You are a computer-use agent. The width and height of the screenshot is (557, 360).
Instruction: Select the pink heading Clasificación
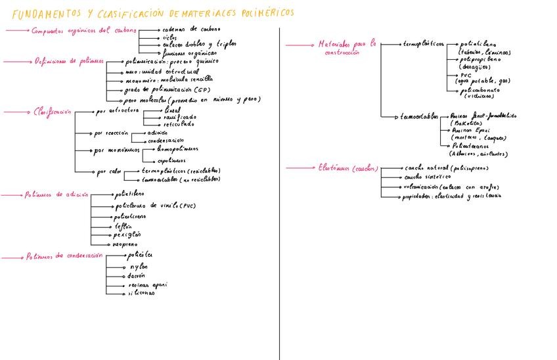point(52,112)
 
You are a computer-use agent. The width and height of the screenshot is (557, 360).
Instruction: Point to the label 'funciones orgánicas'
point(189,53)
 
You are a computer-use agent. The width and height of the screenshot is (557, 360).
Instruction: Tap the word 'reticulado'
point(179,123)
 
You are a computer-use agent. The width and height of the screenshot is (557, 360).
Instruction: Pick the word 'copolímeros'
point(171,161)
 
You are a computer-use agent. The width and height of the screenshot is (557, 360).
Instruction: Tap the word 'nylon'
point(139,267)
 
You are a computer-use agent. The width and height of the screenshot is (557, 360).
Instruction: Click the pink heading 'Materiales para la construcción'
point(347,47)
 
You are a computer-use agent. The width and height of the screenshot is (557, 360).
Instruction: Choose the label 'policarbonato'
point(481,89)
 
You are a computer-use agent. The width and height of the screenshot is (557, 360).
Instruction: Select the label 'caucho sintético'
point(428,177)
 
